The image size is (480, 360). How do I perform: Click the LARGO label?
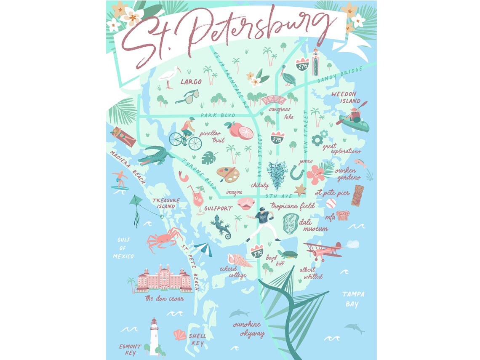coord(191,81)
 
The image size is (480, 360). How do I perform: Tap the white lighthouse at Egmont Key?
coord(154,337)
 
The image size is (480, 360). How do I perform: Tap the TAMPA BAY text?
coord(353,299)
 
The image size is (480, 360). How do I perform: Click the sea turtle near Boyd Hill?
coord(288,254)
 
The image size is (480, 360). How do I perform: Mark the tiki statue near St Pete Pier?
coord(357,195)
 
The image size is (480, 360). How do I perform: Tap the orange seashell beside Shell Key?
coord(180,335)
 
